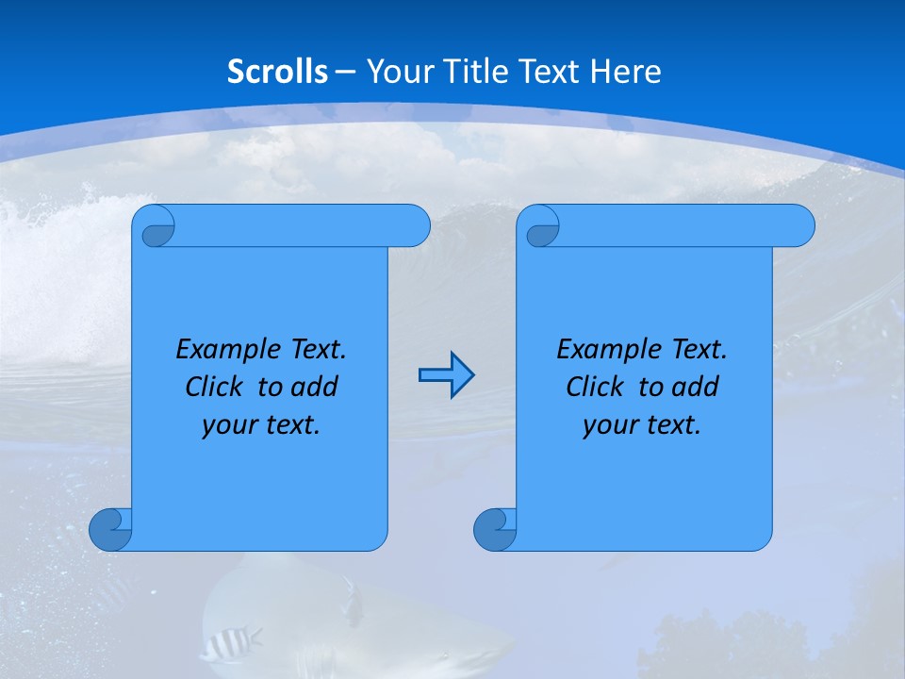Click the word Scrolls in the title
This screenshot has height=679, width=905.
[278, 72]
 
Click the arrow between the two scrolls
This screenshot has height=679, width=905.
[446, 375]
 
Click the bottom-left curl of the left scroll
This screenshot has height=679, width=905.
[110, 529]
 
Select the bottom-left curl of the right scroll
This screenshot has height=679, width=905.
[495, 529]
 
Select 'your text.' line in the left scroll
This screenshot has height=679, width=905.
[261, 425]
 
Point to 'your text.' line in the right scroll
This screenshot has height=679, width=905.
[642, 425]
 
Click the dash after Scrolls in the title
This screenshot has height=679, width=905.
[345, 72]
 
